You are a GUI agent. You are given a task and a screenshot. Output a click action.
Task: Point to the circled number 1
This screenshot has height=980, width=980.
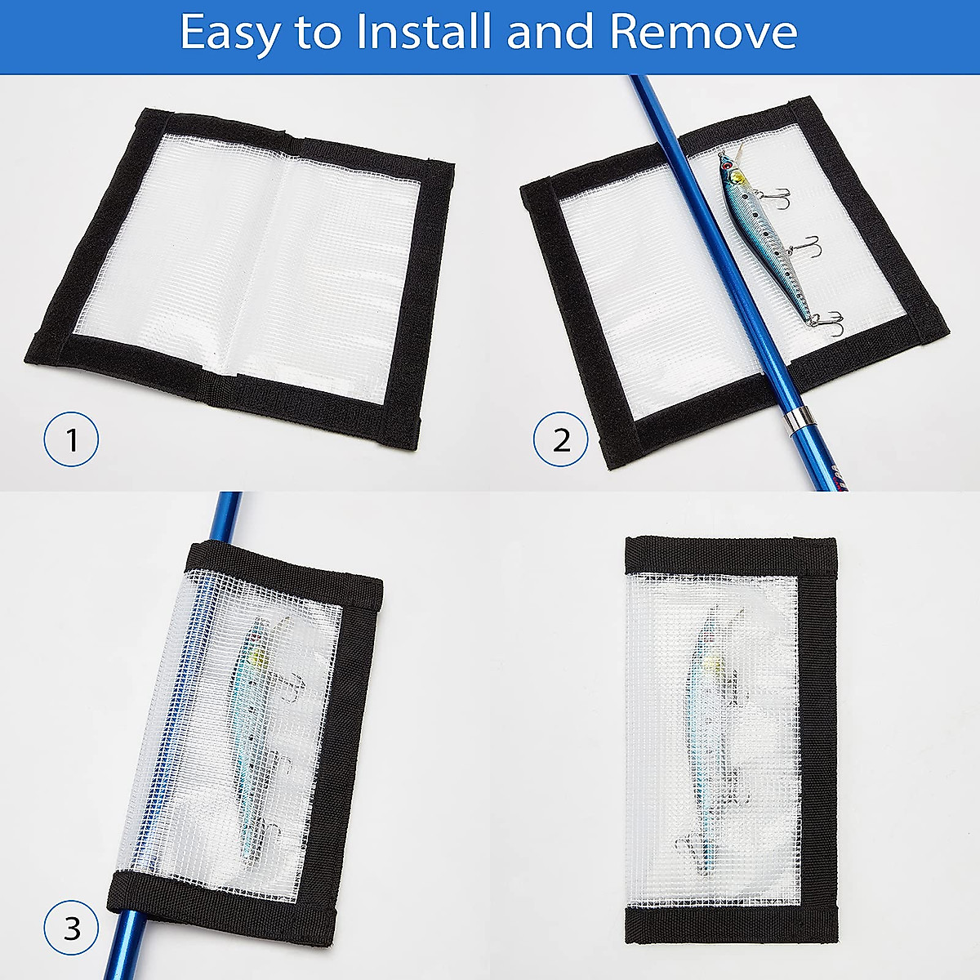[71, 440]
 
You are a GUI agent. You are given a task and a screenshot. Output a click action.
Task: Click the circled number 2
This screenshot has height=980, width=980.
[561, 440]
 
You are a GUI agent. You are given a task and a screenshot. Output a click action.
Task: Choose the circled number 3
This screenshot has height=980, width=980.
[71, 929]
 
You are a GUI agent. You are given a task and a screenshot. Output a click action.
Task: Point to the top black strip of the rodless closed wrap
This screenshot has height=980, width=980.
[729, 555]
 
